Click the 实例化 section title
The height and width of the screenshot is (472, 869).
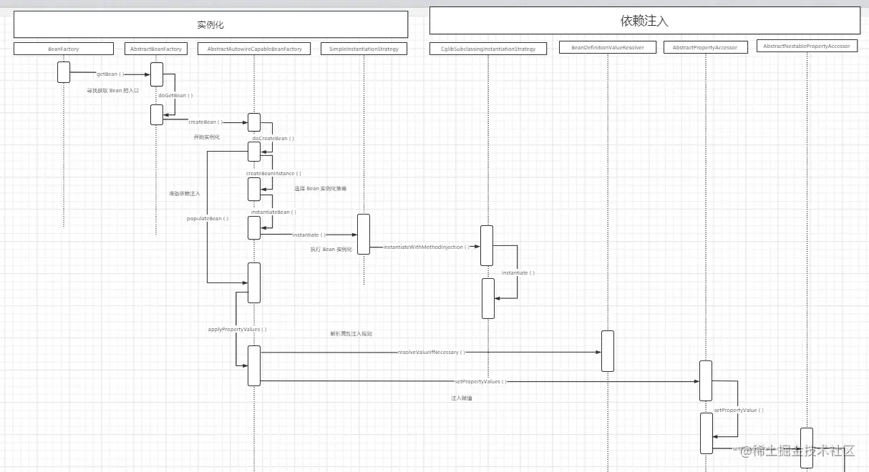point(210,25)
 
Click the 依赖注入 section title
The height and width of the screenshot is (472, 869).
point(644,21)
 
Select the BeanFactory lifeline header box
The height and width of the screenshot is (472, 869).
point(64,49)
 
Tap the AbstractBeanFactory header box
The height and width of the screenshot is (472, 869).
point(156,49)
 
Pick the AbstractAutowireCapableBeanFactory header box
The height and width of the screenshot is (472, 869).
point(254,49)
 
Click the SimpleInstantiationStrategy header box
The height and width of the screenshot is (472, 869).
point(364,49)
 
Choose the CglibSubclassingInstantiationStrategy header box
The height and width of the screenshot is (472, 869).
point(488,49)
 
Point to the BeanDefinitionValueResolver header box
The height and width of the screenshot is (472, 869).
point(608,48)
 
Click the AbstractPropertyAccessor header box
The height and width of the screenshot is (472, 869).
point(705,47)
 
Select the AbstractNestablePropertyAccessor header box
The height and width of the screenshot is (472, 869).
point(807,46)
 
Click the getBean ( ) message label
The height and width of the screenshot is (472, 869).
point(110,74)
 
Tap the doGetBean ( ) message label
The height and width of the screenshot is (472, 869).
point(175,95)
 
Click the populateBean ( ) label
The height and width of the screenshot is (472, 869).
point(208,218)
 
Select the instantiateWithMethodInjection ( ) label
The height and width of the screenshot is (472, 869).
point(427,247)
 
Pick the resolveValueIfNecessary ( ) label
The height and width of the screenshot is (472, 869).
point(431,352)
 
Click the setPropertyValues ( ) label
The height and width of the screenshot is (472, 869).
point(480,381)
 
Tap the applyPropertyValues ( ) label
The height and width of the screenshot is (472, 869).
point(237,329)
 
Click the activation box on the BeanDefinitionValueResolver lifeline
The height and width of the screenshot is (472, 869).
point(608,351)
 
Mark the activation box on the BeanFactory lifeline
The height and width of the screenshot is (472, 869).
point(64,72)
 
